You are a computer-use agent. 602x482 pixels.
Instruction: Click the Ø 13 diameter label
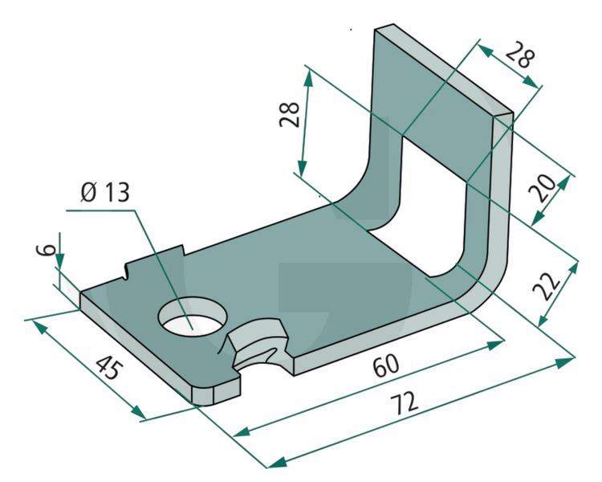104,194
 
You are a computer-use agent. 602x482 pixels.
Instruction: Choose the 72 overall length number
407,404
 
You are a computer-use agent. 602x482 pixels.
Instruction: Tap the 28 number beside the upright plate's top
519,57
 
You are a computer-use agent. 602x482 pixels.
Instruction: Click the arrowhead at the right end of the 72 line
568,361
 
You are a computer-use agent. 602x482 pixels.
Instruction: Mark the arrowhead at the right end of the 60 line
498,343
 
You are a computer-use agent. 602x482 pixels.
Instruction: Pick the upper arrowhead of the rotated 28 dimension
307,75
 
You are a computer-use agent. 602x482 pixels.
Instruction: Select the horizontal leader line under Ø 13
101,210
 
